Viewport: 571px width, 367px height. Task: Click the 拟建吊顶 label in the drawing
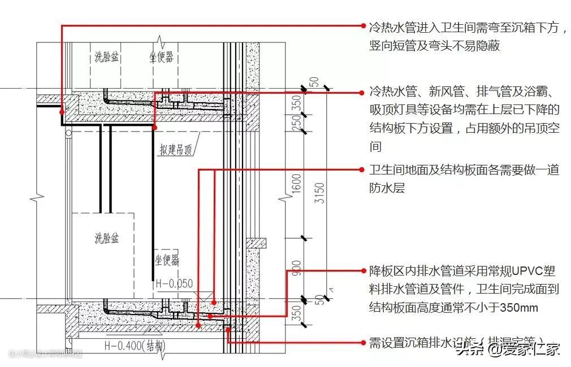176,150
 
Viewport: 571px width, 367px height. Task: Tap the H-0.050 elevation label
174,283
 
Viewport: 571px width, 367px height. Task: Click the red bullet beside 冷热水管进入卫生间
363,26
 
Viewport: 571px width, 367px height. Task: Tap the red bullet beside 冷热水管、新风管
363,91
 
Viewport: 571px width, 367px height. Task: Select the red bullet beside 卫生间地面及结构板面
363,169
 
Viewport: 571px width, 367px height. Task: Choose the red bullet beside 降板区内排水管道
363,271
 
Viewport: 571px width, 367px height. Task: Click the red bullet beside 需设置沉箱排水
363,342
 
